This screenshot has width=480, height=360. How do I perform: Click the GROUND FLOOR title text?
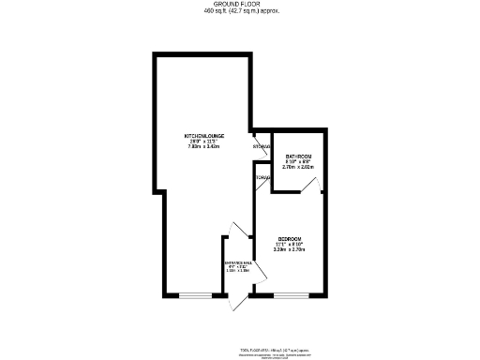pos(241,5)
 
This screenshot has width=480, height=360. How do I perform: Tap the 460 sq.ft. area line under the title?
pos(241,11)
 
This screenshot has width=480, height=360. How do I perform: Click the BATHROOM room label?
pos(298,156)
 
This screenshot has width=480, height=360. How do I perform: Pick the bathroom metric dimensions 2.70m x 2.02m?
pos(298,167)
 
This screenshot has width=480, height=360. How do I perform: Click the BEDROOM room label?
pos(288,238)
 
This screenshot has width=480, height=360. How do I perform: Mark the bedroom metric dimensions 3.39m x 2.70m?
pos(288,249)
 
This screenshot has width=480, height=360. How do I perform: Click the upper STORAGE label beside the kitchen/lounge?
pos(262,146)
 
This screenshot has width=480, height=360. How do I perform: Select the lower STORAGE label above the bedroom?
pos(262,177)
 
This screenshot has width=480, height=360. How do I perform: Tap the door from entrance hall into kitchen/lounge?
pos(231,235)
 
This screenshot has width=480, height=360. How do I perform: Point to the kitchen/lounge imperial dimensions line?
pos(202,142)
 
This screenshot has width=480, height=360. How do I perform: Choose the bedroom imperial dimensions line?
pos(288,244)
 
